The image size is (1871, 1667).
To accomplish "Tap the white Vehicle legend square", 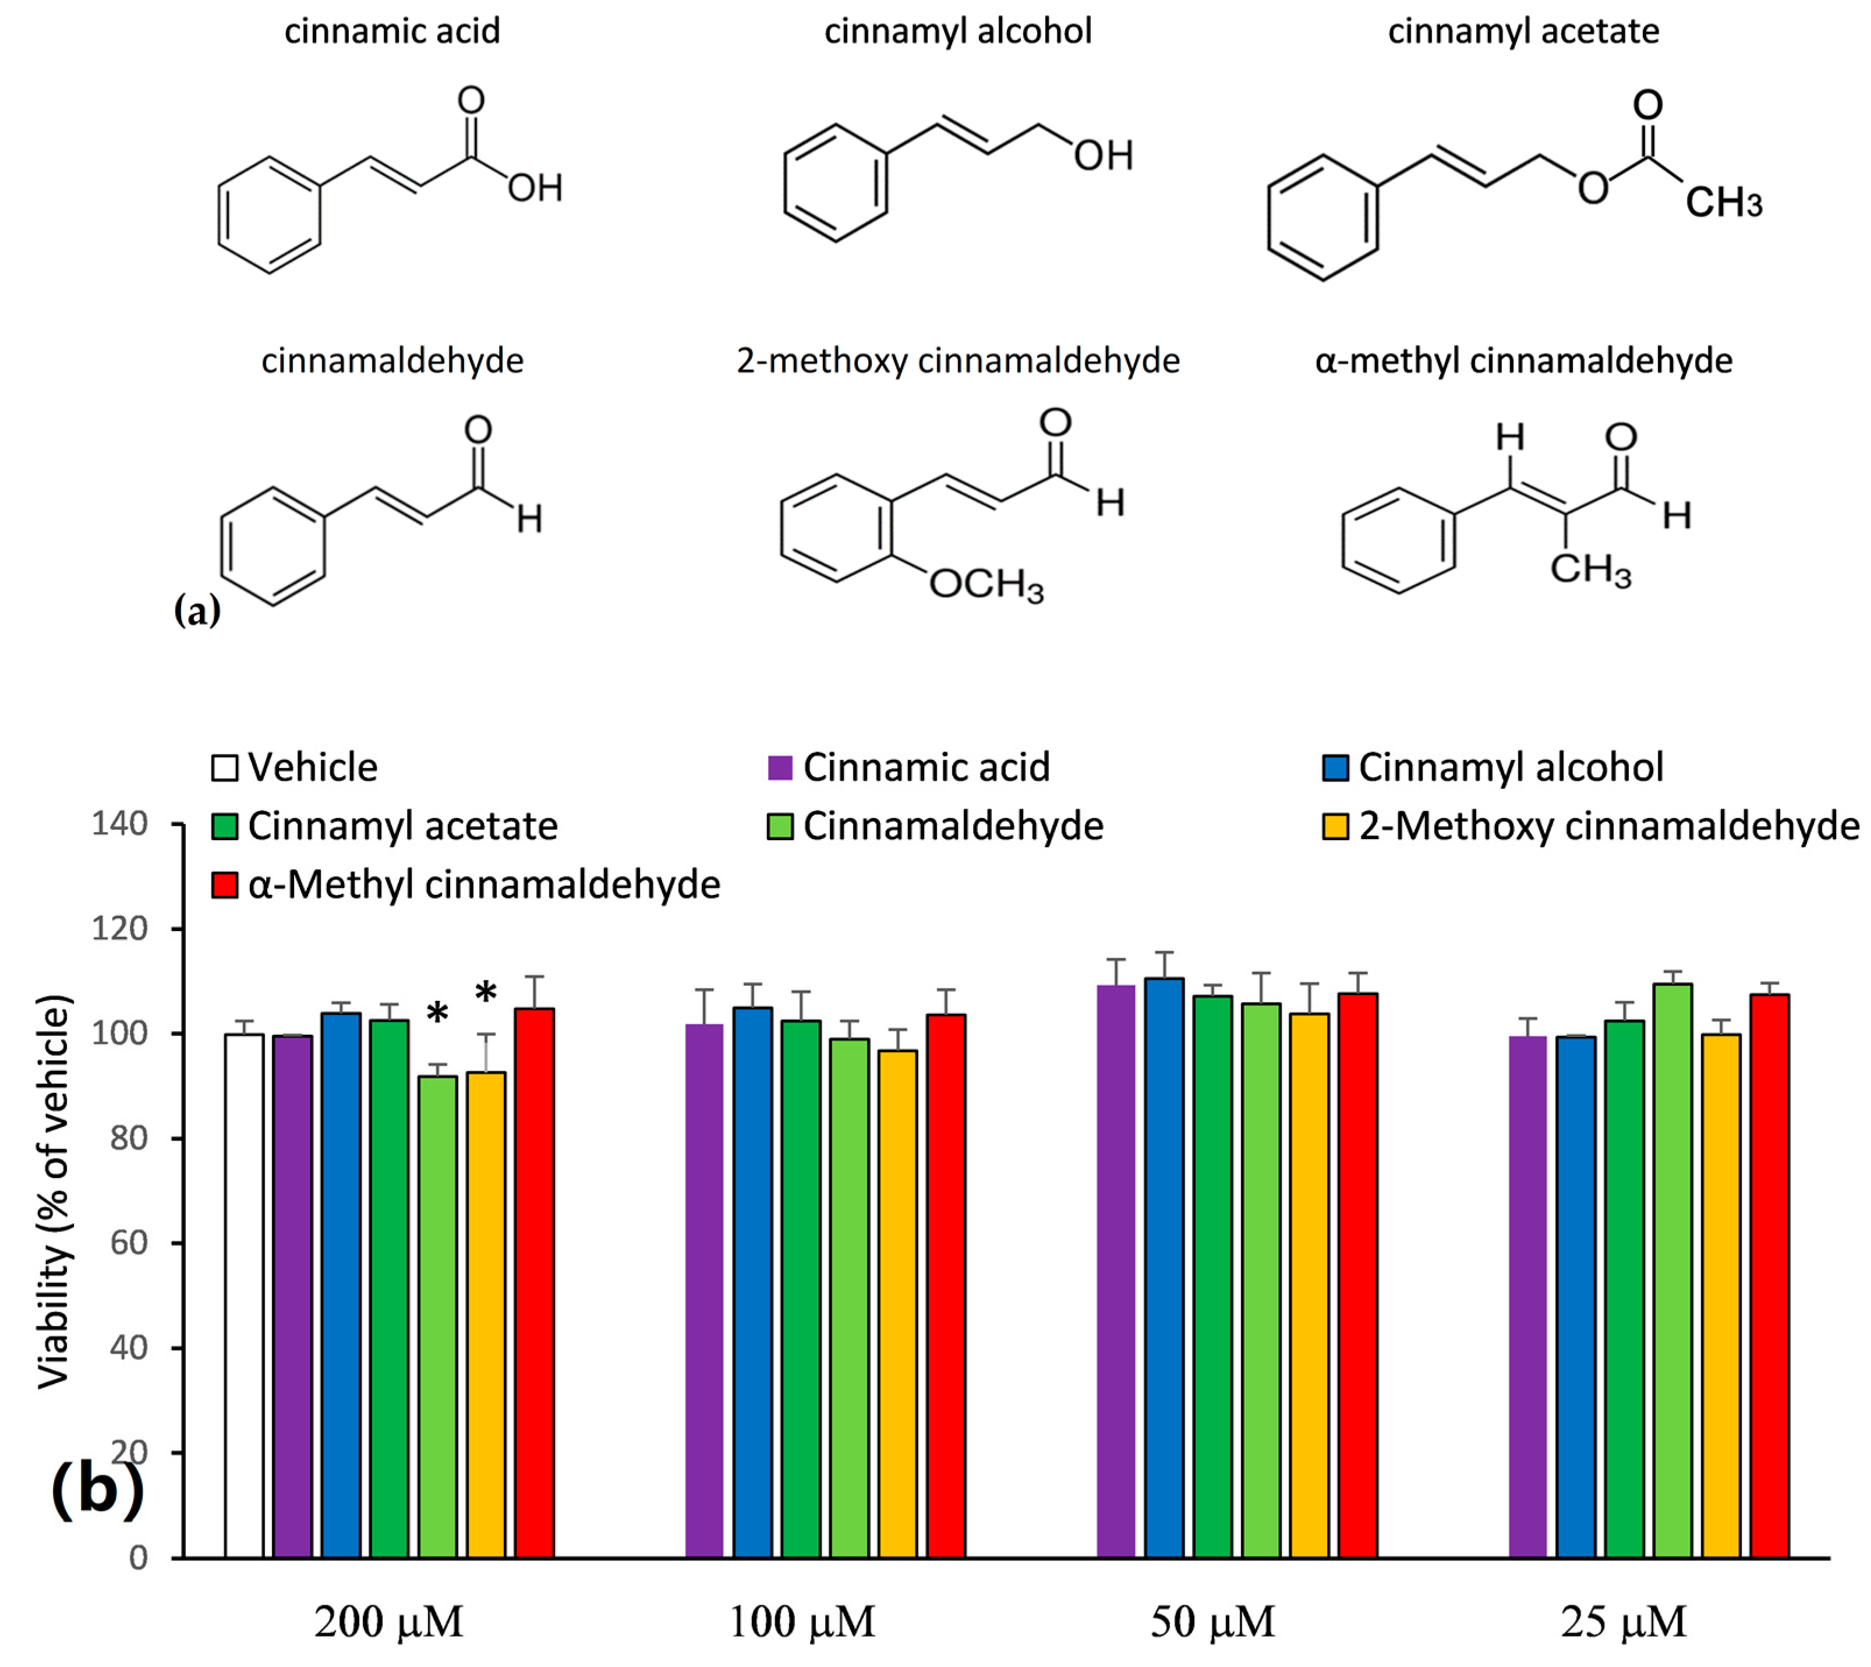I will (224, 767).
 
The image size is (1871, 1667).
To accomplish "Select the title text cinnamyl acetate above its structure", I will (1523, 31).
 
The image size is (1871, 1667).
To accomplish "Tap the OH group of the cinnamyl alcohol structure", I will (1103, 155).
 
